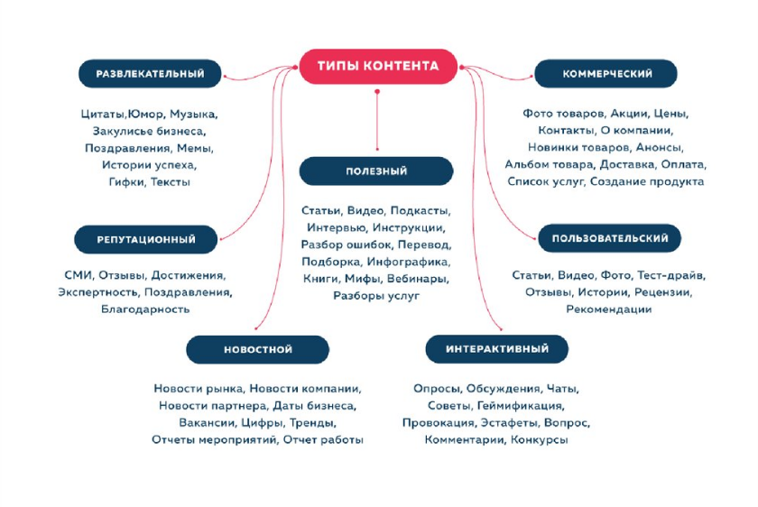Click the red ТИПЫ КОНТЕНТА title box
click(x=378, y=66)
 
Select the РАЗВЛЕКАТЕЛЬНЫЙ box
click(x=151, y=74)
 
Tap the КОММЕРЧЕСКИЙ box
click(x=606, y=74)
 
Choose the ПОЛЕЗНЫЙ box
click(x=376, y=171)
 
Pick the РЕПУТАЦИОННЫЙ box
click(x=145, y=240)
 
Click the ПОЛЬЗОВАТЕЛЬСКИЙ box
click(x=609, y=239)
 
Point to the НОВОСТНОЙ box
click(x=258, y=349)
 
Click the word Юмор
click(x=147, y=115)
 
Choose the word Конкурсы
click(x=540, y=439)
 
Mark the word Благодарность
click(x=145, y=309)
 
